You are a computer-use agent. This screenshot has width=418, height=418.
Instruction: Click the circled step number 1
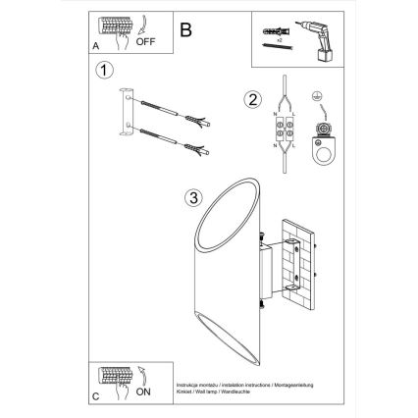click(x=103, y=71)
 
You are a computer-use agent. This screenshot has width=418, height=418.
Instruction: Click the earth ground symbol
click(x=318, y=96)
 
